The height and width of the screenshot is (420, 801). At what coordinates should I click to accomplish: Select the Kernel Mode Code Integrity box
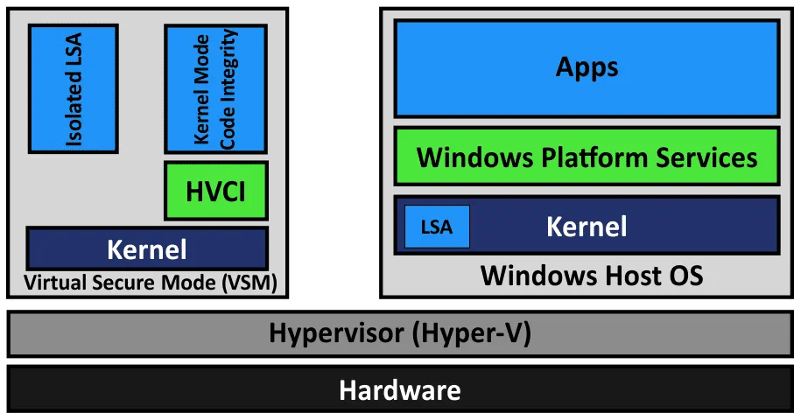tap(215, 87)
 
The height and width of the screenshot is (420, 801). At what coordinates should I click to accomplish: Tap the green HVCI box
tap(215, 190)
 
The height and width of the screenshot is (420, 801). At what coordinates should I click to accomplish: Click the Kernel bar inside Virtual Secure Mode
tap(147, 248)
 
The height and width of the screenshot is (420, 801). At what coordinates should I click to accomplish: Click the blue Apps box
tap(587, 68)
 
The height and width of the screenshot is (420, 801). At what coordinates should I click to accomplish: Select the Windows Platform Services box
tap(587, 157)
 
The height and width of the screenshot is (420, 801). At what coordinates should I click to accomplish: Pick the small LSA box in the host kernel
tap(437, 227)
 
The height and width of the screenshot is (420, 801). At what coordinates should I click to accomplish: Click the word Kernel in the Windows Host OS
tap(587, 227)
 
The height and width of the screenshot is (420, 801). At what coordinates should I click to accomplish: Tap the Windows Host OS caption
tap(592, 276)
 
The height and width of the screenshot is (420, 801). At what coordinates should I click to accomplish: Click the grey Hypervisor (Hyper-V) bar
tap(400, 333)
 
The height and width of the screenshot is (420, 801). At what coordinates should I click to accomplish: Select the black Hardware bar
tap(400, 388)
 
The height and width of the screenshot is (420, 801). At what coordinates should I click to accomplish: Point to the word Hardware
tap(400, 389)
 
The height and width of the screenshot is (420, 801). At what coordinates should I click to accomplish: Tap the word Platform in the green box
tap(582, 157)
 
